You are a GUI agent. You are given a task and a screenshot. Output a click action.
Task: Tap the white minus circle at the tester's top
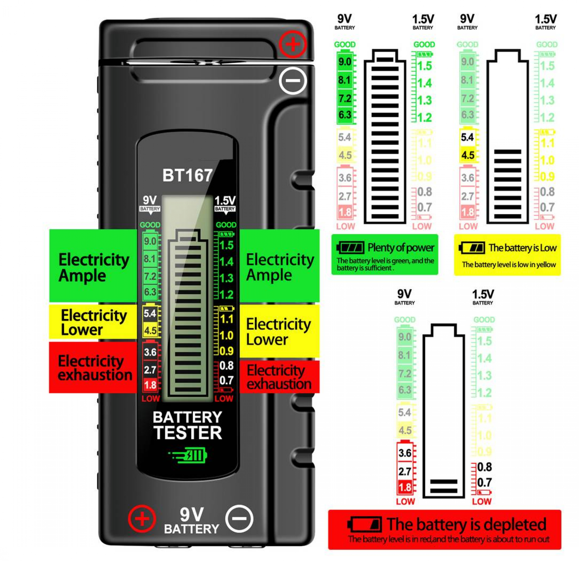293,81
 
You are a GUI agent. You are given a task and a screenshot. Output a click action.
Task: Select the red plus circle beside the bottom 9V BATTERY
142,519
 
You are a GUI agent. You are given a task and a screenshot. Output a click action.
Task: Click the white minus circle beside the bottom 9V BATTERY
239,519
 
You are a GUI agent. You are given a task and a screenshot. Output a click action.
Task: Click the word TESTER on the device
188,433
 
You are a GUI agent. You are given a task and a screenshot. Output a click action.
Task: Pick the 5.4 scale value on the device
150,313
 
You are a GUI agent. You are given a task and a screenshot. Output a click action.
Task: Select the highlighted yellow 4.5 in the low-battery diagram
468,155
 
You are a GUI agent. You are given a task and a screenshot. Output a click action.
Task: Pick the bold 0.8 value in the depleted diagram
484,467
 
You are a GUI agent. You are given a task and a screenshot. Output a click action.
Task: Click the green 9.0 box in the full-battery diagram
345,62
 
